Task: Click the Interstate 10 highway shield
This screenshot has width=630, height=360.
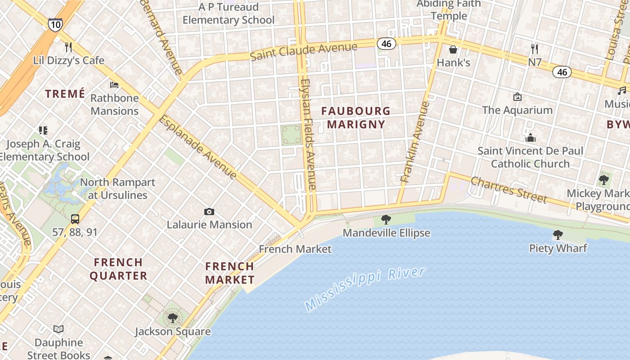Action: point(55,25)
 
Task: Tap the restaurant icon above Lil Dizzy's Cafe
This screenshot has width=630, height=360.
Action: point(68,47)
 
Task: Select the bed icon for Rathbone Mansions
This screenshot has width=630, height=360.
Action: point(114,85)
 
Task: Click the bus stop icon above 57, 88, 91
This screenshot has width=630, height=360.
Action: point(75,219)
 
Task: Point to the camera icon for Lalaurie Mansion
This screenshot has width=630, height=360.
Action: point(209,211)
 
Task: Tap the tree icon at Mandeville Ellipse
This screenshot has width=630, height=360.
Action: point(386,220)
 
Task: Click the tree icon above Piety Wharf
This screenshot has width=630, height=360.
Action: point(558,235)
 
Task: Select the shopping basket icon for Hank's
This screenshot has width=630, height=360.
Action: point(453,49)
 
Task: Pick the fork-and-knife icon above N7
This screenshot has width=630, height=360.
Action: point(534,49)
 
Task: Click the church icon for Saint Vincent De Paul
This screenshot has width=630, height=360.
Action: point(531,137)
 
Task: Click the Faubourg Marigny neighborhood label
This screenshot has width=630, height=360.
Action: point(355,117)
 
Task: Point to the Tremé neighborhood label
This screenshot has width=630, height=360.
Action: point(65,94)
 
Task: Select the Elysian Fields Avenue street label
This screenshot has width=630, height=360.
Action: point(309,134)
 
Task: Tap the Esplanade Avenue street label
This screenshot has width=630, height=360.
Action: point(198,147)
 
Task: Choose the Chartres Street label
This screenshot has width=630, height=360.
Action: point(508,189)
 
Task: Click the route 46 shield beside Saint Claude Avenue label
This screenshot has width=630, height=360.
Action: point(387,43)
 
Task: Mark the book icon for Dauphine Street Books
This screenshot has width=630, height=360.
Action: point(58,329)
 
